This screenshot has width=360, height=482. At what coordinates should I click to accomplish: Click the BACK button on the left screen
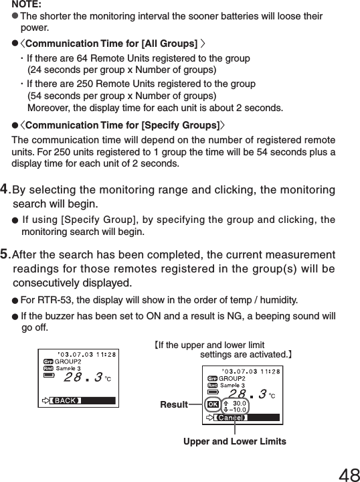click(x=66, y=400)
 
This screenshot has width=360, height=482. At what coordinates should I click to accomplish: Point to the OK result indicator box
click(x=212, y=405)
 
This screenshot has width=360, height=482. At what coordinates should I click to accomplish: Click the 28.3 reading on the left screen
click(x=82, y=378)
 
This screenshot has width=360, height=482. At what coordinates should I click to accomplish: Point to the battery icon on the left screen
click(x=48, y=376)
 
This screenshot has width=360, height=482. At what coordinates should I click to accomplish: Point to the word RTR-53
click(x=56, y=299)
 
